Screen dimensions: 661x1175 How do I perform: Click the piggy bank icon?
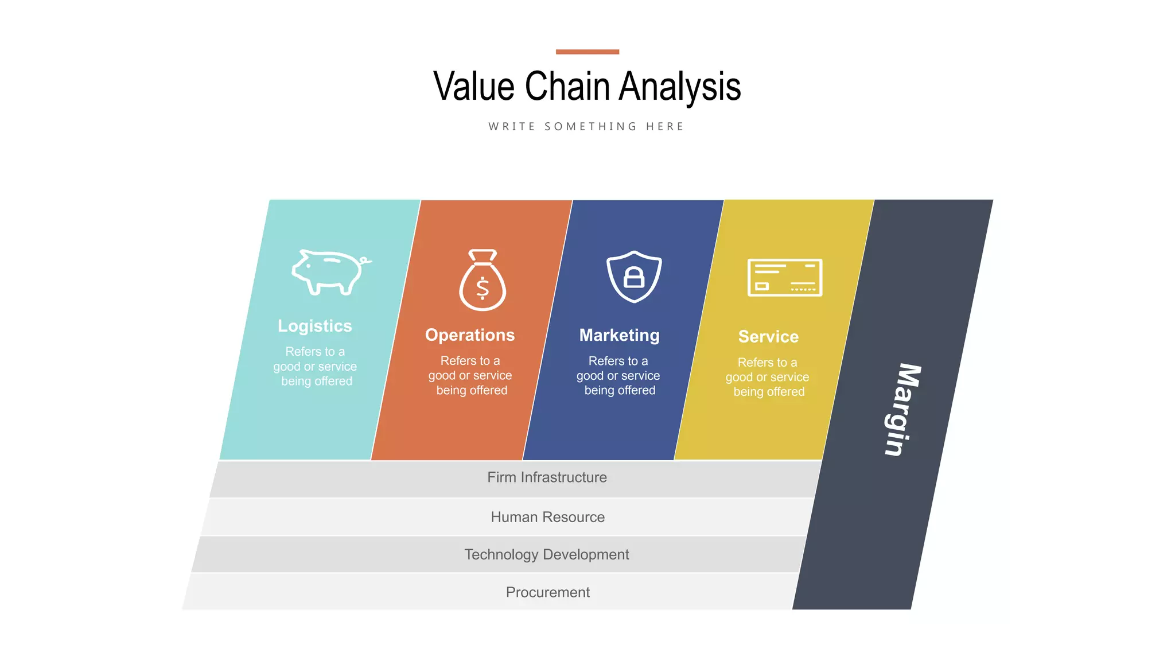329,272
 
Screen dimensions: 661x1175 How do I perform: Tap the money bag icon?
483,281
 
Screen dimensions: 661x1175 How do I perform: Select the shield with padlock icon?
634,276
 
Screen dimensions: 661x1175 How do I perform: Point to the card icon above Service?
784,277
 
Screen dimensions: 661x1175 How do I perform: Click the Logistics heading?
315,326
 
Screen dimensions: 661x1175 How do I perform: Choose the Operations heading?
470,335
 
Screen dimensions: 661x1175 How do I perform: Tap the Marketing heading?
619,335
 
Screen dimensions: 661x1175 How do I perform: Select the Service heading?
768,337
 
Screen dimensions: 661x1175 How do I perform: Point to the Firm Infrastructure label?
547,477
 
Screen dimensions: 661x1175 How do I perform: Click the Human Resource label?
547,517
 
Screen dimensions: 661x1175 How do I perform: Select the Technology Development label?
546,554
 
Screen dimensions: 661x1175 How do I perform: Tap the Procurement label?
547,592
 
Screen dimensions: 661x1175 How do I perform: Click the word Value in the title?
474,87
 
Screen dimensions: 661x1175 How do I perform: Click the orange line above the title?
587,52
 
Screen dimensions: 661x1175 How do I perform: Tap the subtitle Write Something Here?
586,126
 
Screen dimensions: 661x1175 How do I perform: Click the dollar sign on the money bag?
483,289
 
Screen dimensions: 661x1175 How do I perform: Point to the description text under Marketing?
618,376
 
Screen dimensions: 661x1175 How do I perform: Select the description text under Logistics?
315,367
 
